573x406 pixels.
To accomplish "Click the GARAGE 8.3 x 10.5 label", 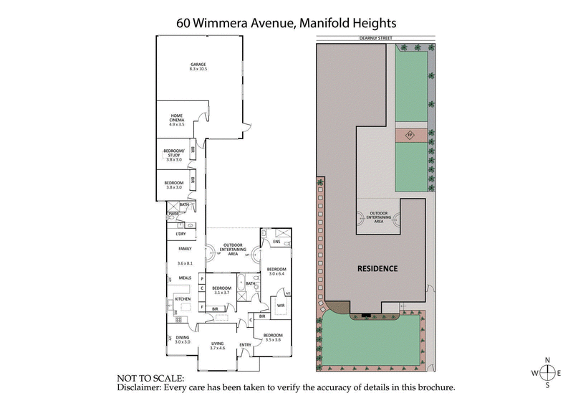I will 198,67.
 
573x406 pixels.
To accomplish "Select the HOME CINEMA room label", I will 177,121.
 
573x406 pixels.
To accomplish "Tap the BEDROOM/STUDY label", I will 175,154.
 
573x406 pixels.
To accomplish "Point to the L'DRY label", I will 180,235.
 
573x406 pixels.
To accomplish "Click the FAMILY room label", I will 185,248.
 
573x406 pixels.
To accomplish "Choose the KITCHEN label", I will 183,299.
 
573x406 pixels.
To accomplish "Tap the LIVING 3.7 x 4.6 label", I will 218,346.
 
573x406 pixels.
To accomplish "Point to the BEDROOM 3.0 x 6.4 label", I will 276,271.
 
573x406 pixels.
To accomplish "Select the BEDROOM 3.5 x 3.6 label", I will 273,338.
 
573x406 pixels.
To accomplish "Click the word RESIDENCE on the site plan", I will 377,269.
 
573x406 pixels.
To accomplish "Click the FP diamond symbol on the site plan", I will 410,134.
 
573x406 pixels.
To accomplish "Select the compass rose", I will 548,372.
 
